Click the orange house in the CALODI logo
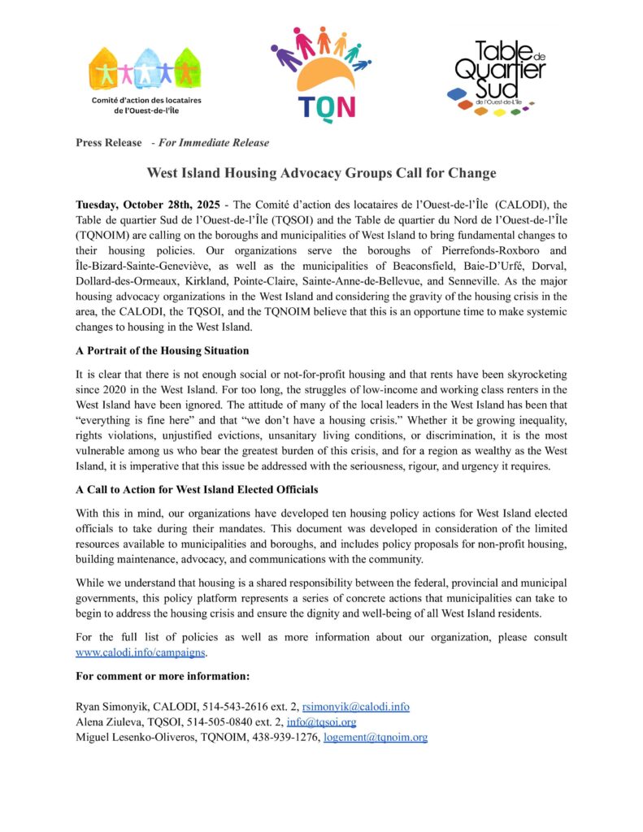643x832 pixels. point(103,67)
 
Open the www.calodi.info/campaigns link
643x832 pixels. point(142,652)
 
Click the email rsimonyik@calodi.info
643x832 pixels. point(355,707)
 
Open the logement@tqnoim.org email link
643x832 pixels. point(375,737)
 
